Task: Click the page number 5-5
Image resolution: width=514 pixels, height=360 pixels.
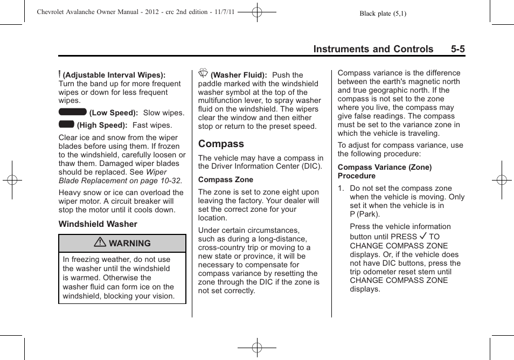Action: click(x=458, y=50)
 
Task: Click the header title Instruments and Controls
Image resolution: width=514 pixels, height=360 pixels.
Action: click(x=373, y=50)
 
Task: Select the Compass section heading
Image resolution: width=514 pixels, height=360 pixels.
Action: click(x=221, y=144)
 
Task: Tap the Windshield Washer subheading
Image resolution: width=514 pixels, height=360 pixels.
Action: click(x=98, y=224)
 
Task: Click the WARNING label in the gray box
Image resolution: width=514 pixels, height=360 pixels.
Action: click(x=129, y=244)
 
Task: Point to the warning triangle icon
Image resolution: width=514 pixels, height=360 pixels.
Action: click(x=100, y=243)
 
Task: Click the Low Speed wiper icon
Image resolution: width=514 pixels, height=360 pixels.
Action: click(x=73, y=112)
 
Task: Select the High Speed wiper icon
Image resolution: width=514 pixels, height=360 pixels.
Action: click(x=66, y=124)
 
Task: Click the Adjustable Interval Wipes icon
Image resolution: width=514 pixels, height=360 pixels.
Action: click(x=60, y=74)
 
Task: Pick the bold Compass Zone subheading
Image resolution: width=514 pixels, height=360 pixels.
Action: click(x=225, y=180)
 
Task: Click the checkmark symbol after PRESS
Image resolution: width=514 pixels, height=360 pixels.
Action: click(x=423, y=236)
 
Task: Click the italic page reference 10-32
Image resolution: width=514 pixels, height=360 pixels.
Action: click(x=170, y=181)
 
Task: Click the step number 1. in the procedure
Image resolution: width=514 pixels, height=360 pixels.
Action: click(x=341, y=189)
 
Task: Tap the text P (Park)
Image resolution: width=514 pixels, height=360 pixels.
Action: click(x=365, y=214)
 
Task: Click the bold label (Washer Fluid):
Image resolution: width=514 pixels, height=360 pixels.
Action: click(x=239, y=75)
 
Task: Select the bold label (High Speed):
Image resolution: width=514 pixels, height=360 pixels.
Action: click(x=102, y=126)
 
